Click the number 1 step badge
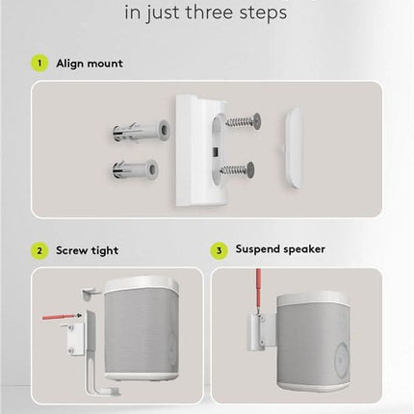click(39, 64)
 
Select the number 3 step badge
click(219, 249)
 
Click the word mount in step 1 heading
click(105, 65)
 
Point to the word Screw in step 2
click(73, 250)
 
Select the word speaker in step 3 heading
click(303, 249)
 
